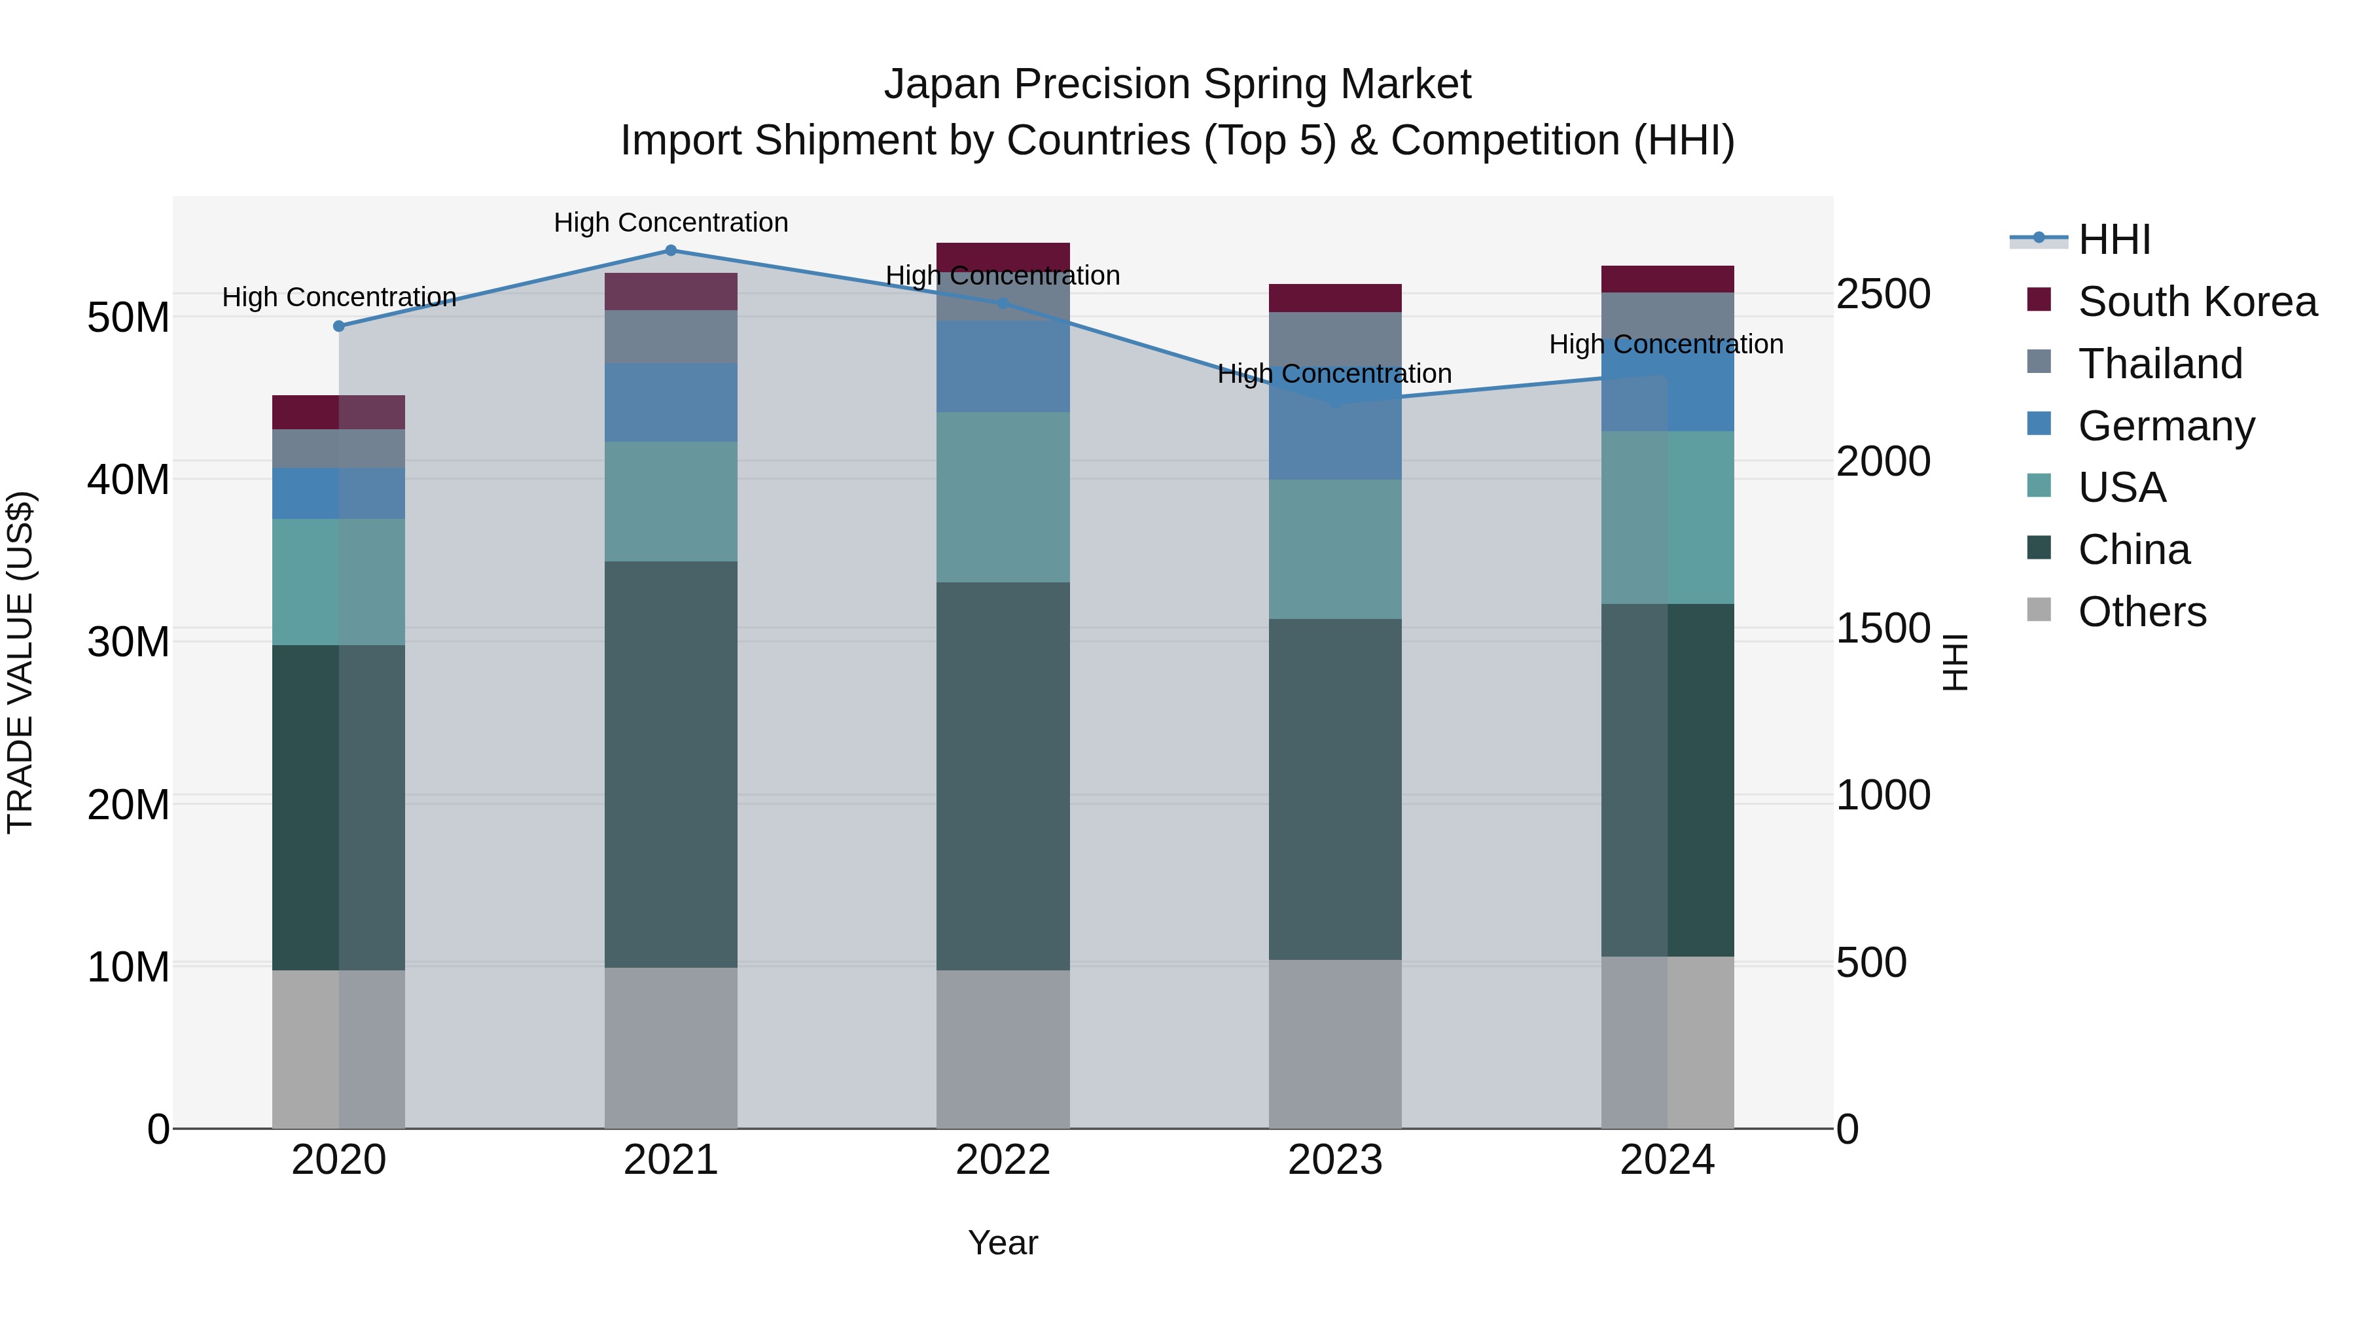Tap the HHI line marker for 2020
338,327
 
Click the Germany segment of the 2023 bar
1334,439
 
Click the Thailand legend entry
2160,364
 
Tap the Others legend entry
2141,612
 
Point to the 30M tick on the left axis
128,642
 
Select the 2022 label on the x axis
1003,1160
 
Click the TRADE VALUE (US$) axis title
20,662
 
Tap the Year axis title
1003,1243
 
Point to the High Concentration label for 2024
1666,345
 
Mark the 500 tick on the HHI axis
1871,963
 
